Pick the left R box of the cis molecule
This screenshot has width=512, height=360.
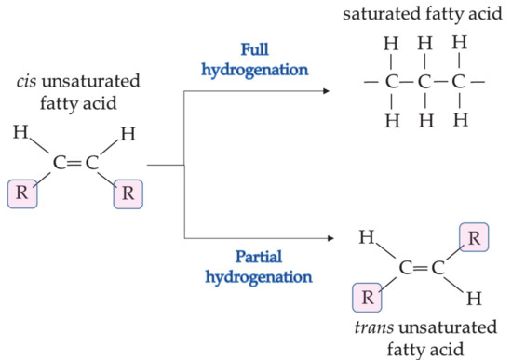(20, 196)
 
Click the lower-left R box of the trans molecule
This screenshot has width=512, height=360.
(368, 300)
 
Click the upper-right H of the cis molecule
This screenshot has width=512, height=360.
(127, 134)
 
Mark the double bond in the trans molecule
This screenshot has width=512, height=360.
(420, 269)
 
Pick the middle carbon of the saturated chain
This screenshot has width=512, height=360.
(424, 81)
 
